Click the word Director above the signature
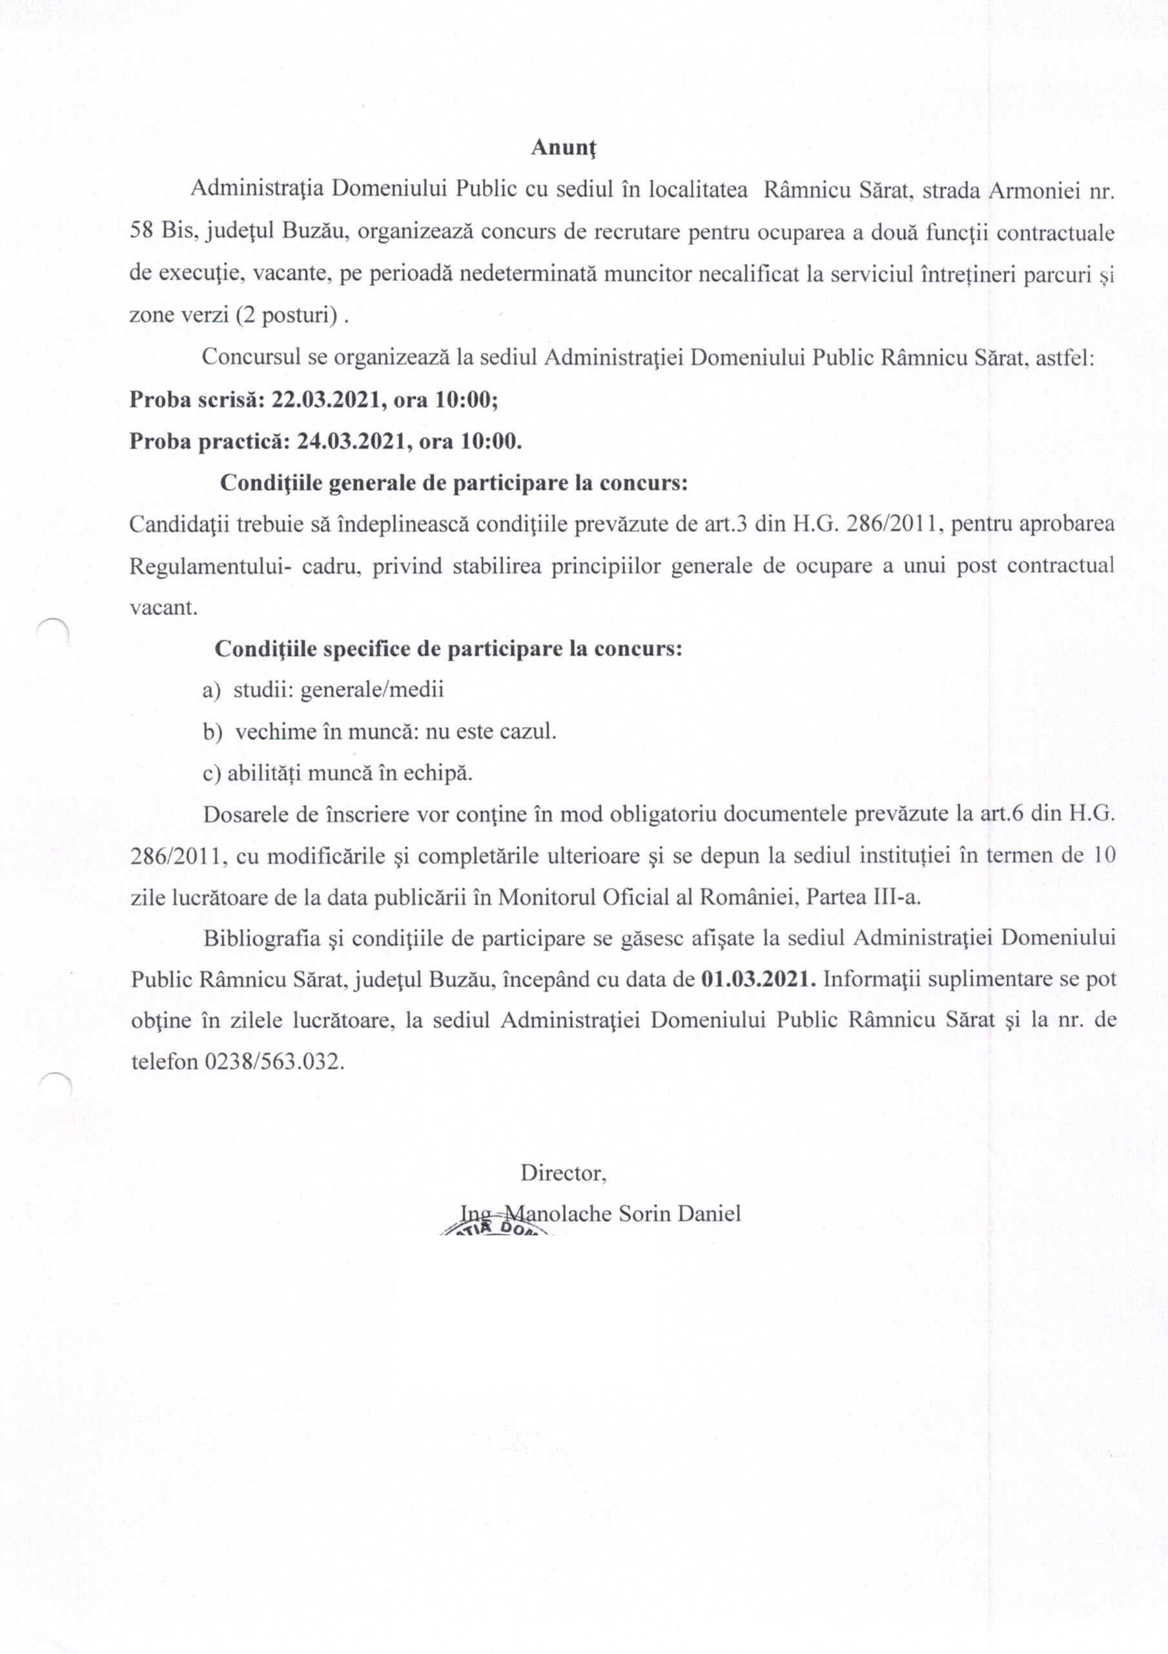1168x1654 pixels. coord(564,1173)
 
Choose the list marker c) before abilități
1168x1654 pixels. coord(212,773)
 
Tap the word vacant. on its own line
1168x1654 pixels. coord(163,607)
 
